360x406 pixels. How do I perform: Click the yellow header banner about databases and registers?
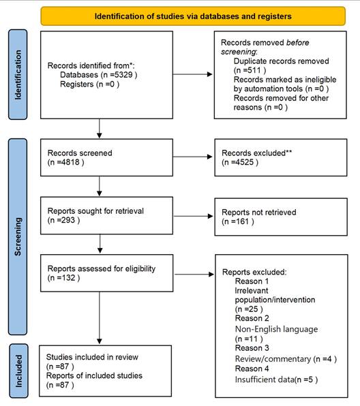pos(193,16)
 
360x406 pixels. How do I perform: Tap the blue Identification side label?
pos(18,74)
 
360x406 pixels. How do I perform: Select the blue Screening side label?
pos(18,236)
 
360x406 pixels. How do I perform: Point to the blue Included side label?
pos(18,371)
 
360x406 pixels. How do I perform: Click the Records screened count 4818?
pos(70,162)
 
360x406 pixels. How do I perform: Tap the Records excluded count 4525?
pos(245,162)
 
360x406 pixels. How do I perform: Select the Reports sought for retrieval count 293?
pos(68,220)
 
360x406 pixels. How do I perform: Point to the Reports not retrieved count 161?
pos(242,221)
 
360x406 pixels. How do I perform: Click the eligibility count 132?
pos(68,278)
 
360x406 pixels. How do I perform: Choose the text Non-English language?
pos(276,329)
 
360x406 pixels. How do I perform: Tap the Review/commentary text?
pos(273,359)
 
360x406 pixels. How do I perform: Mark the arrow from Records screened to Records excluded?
pos(192,157)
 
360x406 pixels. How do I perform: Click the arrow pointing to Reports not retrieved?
pos(193,216)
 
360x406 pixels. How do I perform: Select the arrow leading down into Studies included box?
pos(100,318)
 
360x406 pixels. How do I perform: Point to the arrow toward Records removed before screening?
pos(192,74)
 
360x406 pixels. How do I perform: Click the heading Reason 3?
pos(252,348)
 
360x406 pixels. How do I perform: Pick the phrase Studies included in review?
pos(92,357)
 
